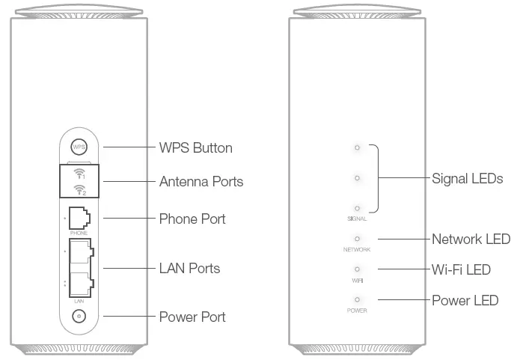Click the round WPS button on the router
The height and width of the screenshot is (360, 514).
[x=79, y=147]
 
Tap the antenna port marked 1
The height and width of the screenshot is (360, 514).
[x=79, y=174]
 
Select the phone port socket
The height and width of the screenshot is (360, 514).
[x=79, y=218]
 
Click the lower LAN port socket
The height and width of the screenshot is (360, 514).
[x=79, y=283]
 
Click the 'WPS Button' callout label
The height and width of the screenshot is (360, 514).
[x=195, y=147]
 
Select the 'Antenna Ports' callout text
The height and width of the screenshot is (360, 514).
[x=201, y=182]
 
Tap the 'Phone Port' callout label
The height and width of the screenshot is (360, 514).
[x=192, y=219]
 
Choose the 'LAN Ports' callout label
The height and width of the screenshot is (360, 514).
[x=189, y=268]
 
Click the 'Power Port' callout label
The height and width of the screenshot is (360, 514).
[x=192, y=317]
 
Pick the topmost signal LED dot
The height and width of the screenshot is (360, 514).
[x=357, y=147]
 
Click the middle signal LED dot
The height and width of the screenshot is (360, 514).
[x=357, y=177]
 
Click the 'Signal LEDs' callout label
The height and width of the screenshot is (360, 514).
[x=467, y=179]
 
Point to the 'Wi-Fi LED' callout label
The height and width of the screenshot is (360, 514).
[x=461, y=269]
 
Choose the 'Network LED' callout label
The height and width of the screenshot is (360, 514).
[x=471, y=240]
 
